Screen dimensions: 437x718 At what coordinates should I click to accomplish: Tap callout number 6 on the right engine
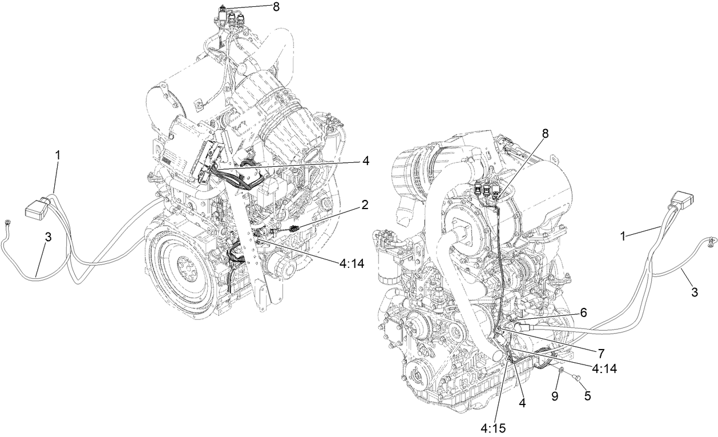coord(583,312)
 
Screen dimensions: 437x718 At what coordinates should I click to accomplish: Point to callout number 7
coord(600,354)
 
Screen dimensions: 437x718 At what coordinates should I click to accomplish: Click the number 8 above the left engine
coord(277,8)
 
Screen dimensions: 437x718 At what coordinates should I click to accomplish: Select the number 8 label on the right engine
coord(545,133)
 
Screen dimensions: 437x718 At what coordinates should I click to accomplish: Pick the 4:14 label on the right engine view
coord(604,370)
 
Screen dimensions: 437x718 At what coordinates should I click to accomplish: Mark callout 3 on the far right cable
coord(694,292)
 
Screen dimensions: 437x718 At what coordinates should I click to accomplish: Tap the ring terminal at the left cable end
coord(7,223)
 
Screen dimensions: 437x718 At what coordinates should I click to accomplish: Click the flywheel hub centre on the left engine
coord(186,266)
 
